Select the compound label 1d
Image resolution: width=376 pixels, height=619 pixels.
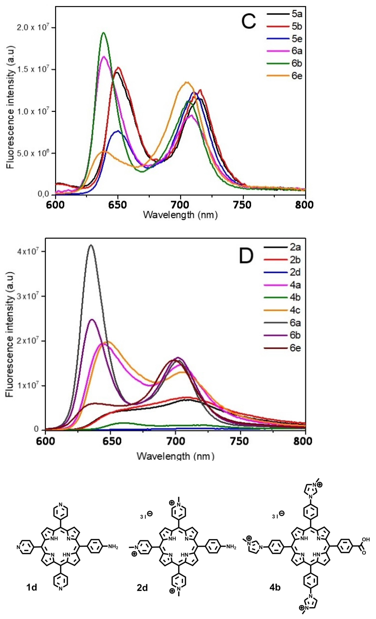point(32,588)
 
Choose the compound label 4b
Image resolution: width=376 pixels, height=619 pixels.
point(274,588)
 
